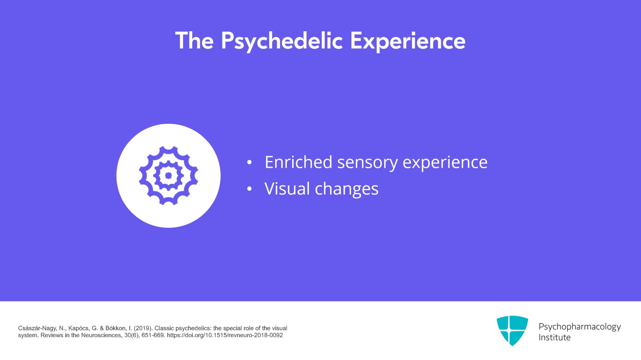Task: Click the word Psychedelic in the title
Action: tap(282, 41)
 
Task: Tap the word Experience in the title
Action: tap(407, 41)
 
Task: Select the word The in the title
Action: tap(194, 41)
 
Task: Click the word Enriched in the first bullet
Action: tap(298, 162)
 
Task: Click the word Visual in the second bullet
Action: tap(286, 189)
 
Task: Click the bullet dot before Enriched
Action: tap(249, 163)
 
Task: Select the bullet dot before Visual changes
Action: tap(249, 189)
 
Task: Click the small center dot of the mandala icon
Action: tap(168, 175)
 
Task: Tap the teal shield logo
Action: tap(512, 330)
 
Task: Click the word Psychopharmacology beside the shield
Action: tap(579, 327)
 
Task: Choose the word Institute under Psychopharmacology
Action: tap(554, 338)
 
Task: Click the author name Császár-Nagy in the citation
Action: tap(37, 328)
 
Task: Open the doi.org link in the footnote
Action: tap(225, 335)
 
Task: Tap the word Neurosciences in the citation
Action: tap(102, 335)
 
